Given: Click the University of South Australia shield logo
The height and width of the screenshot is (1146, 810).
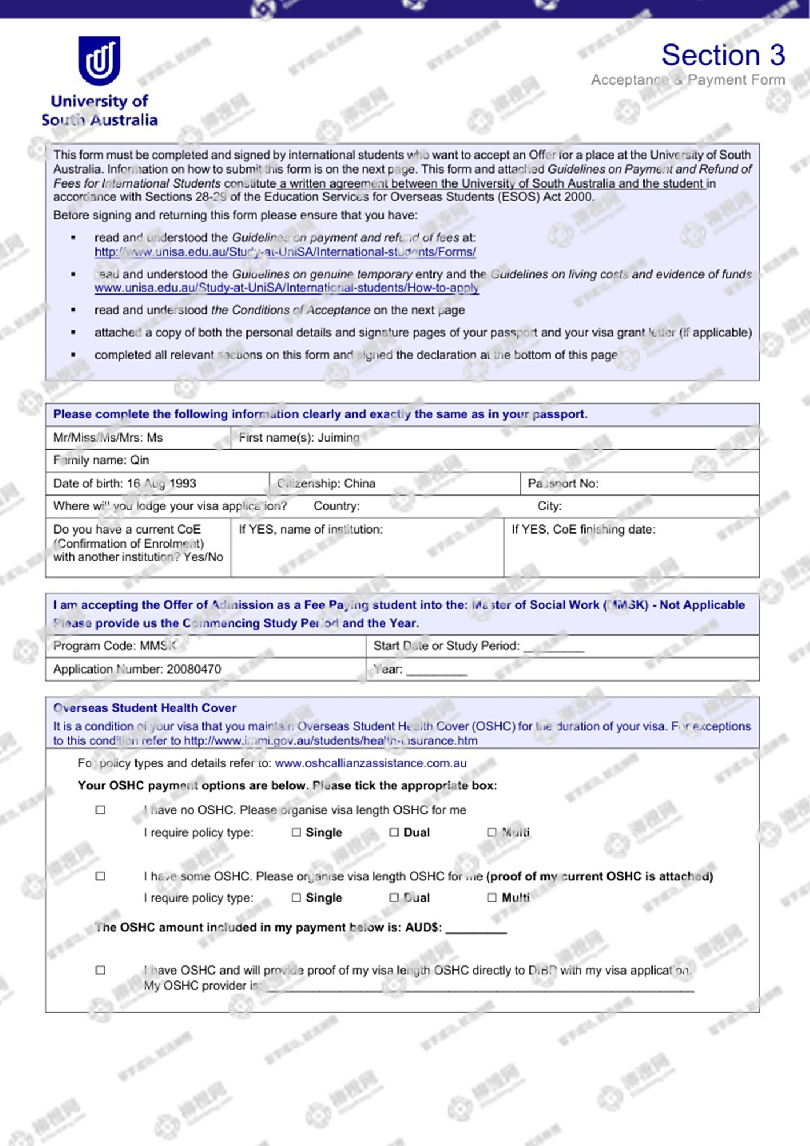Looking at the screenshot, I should click(100, 61).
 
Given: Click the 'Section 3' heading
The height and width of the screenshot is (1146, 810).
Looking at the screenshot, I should click(723, 56).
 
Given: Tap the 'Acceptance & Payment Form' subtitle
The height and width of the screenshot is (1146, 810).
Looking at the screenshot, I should click(687, 80).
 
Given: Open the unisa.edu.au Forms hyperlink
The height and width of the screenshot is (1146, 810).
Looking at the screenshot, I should click(285, 252).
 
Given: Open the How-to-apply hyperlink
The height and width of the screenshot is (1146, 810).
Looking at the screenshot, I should click(286, 288).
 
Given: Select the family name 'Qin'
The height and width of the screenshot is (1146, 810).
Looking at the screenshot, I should click(139, 460).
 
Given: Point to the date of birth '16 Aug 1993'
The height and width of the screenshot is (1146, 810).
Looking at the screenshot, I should click(161, 483).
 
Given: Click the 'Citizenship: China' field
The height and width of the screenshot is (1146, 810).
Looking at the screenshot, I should click(326, 483).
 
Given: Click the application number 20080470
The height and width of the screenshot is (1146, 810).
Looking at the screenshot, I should click(194, 669).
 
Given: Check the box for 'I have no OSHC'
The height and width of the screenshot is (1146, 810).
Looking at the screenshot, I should click(101, 810).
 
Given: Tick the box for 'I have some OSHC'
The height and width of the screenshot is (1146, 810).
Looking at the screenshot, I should click(101, 876).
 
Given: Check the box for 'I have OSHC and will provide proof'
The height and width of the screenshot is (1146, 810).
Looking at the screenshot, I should click(101, 970).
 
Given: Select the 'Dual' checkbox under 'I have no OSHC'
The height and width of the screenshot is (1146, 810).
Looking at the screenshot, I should click(394, 832).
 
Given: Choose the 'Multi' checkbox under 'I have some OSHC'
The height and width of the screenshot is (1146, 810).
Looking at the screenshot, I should click(492, 898).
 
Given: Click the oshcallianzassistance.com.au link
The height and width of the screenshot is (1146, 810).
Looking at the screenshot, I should click(370, 763).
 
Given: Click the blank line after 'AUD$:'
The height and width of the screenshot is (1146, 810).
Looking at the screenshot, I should click(476, 930).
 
